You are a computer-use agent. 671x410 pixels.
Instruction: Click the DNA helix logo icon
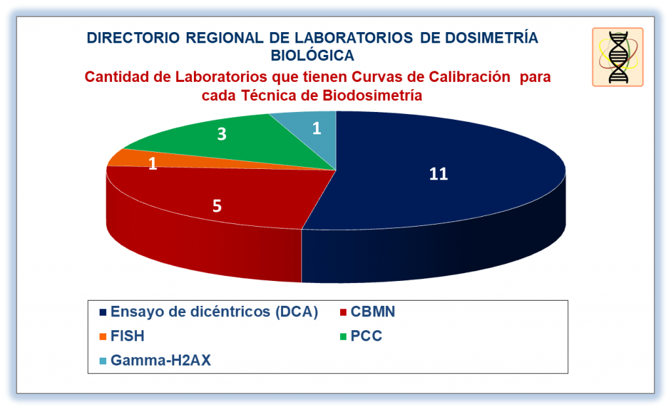pos(617,57)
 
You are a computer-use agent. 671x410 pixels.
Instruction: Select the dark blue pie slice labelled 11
pos(436,188)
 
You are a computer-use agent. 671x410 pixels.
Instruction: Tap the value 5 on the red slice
pos(217,206)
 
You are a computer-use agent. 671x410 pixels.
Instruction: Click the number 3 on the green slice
pos(221,134)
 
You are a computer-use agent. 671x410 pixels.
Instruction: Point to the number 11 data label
pos(438,174)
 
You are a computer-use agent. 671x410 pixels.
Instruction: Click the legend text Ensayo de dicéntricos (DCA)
pos(214,312)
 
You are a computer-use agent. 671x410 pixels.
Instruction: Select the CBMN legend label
pos(373,312)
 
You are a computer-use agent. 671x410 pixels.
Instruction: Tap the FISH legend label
pos(127,336)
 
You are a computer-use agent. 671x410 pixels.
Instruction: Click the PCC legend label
pos(366,336)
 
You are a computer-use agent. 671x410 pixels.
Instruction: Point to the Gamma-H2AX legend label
pos(161,360)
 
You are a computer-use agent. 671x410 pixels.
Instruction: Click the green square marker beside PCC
pos(343,337)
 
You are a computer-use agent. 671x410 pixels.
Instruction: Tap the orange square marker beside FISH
pos(103,337)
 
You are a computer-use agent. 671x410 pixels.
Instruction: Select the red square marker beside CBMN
pos(343,312)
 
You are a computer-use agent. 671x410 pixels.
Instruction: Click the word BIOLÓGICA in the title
pos(313,55)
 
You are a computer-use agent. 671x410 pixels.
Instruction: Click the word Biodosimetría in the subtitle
pos(373,95)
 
